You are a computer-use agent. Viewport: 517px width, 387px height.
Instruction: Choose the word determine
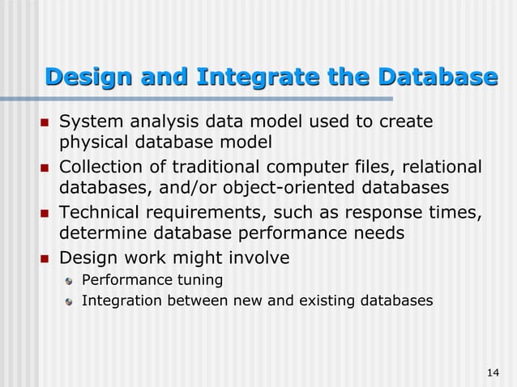click(x=100, y=234)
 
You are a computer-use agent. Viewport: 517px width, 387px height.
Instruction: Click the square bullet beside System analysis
click(x=45, y=123)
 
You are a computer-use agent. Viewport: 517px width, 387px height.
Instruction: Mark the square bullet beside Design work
click(x=45, y=257)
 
